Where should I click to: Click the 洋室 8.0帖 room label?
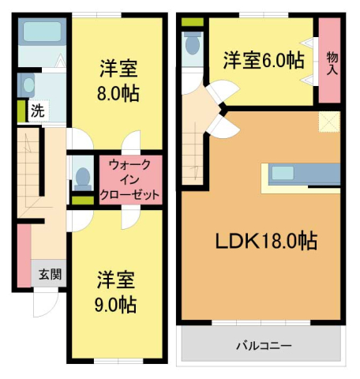click(119, 79)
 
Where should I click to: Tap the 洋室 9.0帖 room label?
click(118, 291)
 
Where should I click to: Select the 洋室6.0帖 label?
click(263, 59)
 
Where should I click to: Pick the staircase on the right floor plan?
click(192, 154)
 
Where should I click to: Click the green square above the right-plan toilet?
click(189, 21)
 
